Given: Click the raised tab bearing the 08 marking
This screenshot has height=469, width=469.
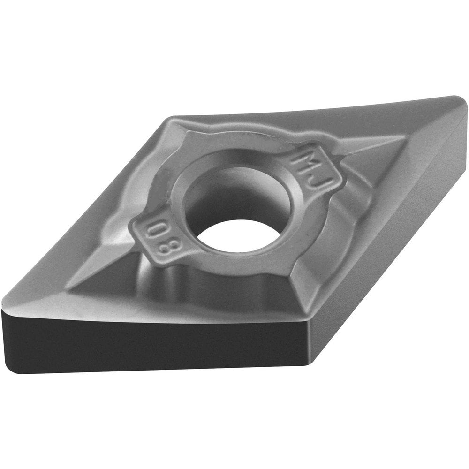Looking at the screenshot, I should click(155, 239).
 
